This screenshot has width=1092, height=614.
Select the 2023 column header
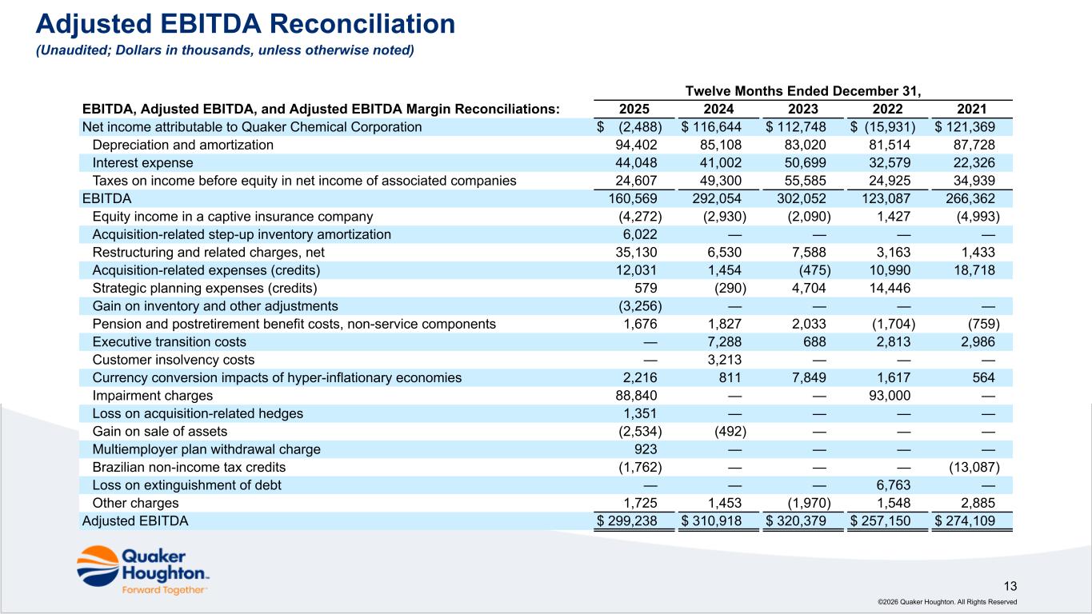[x=805, y=110]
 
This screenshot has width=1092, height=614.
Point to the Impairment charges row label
[x=153, y=396]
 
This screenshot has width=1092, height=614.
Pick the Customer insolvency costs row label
[x=174, y=360]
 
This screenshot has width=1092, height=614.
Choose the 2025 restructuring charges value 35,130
[x=640, y=252]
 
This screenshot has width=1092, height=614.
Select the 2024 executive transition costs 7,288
[x=725, y=342]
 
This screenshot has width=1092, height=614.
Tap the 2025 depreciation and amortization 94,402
[x=640, y=145]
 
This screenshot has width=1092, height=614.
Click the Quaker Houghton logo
[x=142, y=569]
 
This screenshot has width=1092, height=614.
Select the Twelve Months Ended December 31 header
[x=804, y=91]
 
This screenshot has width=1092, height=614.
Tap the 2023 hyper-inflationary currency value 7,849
[x=810, y=378]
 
